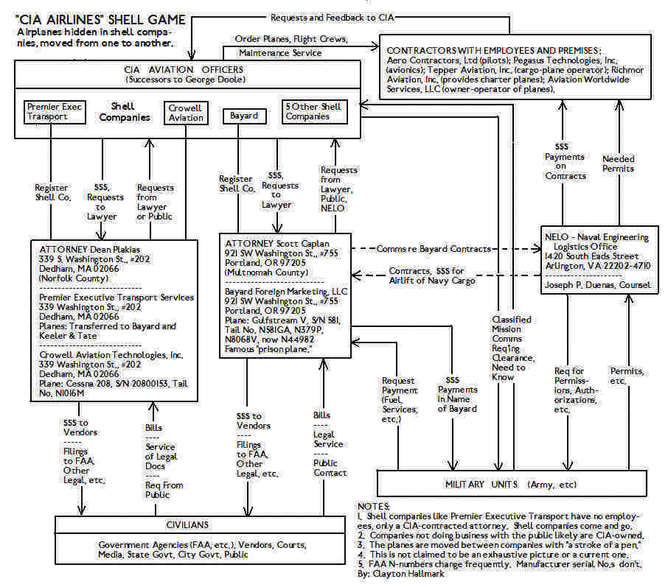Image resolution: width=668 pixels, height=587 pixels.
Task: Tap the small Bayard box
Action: [x=243, y=116]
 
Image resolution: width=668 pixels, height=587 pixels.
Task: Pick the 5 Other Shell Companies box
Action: [x=313, y=111]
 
